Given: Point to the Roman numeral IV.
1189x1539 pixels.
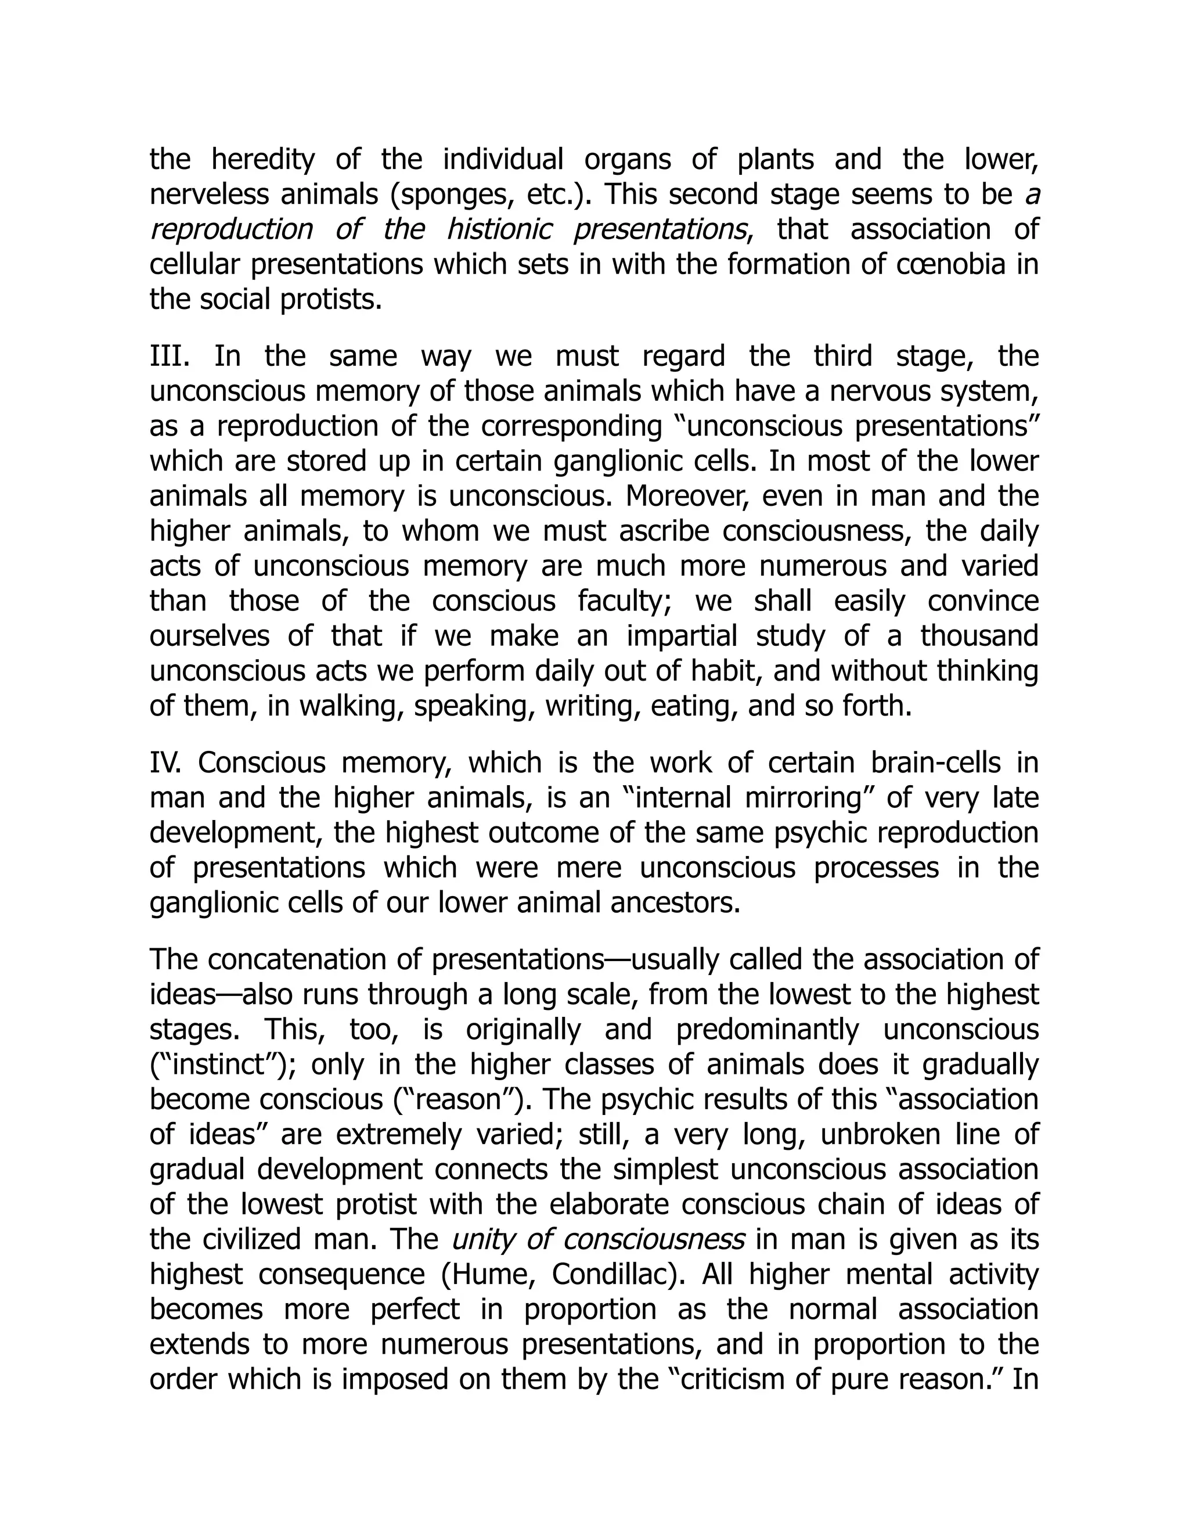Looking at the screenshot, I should (165, 763).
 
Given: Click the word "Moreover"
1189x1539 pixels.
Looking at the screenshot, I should (676, 496).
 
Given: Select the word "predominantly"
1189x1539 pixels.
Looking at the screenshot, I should (767, 1030).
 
